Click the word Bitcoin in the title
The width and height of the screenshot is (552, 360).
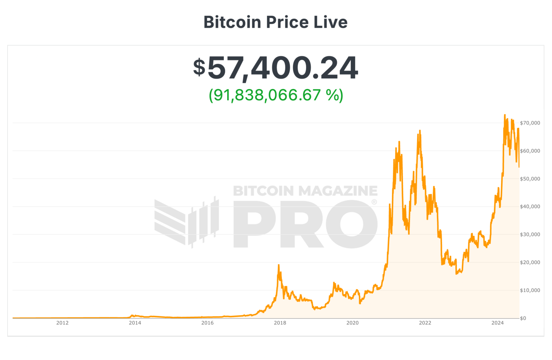[232, 22]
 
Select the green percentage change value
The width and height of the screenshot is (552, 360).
[276, 95]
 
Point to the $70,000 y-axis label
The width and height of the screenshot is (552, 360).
[530, 123]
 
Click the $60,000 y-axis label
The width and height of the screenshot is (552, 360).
[530, 151]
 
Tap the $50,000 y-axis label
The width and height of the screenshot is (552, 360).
[530, 179]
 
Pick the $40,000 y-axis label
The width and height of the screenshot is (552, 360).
[530, 207]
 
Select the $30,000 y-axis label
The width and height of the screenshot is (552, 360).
[530, 234]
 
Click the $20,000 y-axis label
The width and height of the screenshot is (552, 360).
[530, 263]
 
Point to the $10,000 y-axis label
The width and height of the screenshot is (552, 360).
[530, 290]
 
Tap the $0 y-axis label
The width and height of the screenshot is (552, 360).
[523, 318]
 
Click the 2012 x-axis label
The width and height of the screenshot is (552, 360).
[63, 323]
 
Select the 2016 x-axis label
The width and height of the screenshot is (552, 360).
[207, 323]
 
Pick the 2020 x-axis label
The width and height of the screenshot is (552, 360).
[353, 323]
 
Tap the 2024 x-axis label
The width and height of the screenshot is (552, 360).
[498, 323]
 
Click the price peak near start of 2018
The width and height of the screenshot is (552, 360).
[279, 265]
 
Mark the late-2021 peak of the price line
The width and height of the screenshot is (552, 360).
[420, 131]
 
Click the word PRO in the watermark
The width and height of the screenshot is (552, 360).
[305, 224]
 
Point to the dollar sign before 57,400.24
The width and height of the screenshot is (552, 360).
[199, 67]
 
